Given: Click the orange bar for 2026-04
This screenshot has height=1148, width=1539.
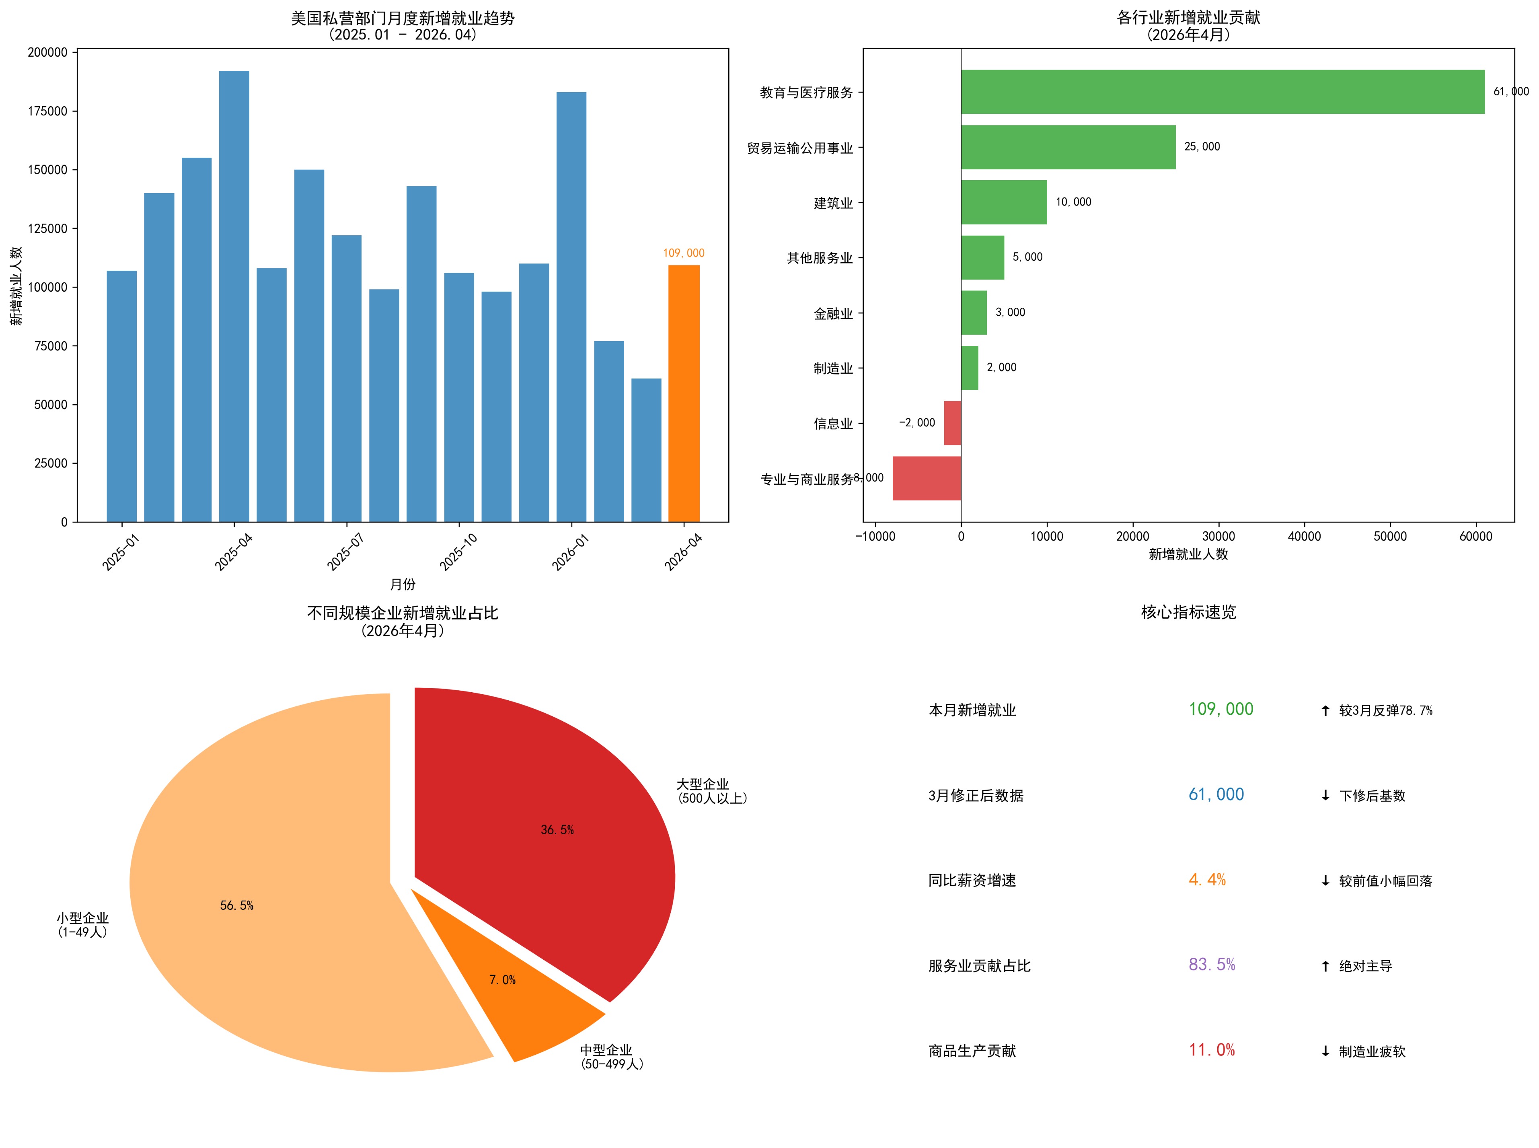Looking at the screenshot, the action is click(x=684, y=393).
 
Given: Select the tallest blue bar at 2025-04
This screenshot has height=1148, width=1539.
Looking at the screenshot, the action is click(x=234, y=296).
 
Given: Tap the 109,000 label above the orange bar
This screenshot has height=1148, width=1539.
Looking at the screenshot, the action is click(x=684, y=253).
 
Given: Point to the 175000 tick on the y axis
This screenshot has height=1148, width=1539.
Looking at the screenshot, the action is click(x=47, y=111).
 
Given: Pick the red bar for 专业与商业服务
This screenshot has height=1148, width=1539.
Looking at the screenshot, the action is click(x=927, y=478).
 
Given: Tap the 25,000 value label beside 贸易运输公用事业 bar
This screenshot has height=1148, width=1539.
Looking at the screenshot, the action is click(x=1202, y=147).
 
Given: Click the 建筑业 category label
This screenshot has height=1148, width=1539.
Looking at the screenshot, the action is click(x=833, y=203).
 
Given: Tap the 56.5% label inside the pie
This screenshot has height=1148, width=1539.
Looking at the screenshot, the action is click(x=237, y=905).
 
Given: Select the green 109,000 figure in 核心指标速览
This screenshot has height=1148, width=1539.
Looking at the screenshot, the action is click(x=1221, y=710).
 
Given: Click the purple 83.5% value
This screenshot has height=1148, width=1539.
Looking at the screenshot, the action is click(x=1212, y=965).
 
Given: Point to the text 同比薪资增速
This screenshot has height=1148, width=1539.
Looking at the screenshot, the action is click(x=972, y=881).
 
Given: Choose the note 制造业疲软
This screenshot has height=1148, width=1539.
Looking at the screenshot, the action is click(x=1372, y=1051).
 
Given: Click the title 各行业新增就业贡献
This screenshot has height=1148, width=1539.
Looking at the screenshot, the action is click(x=1188, y=17).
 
